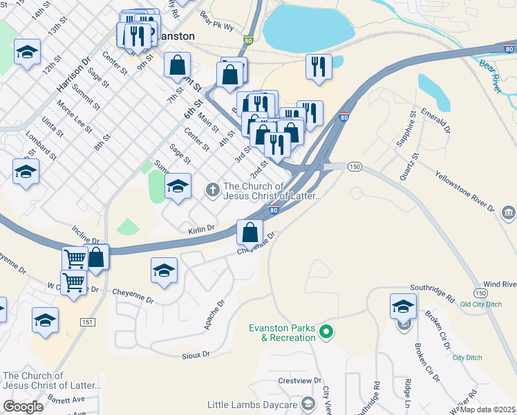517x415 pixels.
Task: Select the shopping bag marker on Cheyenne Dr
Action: click(x=250, y=232)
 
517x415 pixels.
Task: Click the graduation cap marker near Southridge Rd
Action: click(x=403, y=306)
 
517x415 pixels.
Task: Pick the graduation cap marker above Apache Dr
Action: click(x=164, y=270)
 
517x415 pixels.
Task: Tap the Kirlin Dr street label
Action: click(x=202, y=228)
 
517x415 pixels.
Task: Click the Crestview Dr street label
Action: click(x=300, y=380)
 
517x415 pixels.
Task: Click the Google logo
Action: click(x=23, y=407)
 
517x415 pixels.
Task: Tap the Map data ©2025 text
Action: click(x=488, y=409)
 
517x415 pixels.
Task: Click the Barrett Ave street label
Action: click(x=66, y=400)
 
